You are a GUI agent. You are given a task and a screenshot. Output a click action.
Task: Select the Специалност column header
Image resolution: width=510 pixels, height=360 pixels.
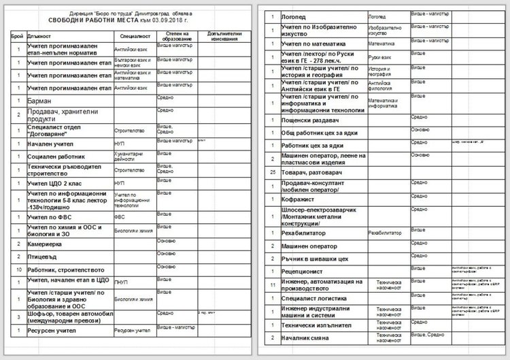[130, 33]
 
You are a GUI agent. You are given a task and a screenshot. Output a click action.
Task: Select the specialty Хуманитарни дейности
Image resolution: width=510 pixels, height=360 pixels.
[129, 156]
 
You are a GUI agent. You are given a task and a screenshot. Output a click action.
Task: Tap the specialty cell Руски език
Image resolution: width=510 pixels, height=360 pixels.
[381, 58]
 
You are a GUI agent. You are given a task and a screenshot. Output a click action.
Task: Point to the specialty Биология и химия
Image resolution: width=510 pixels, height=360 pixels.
[133, 231]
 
